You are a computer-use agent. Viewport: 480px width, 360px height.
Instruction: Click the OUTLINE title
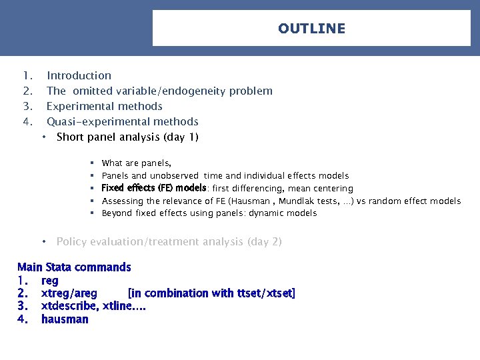click(x=311, y=29)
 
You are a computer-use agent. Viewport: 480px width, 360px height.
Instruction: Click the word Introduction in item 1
click(x=79, y=76)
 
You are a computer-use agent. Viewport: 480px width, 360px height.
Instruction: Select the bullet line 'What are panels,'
click(x=136, y=163)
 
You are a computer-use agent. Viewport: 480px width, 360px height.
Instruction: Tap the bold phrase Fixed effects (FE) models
click(x=153, y=189)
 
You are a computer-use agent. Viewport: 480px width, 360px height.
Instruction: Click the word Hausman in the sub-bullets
click(x=251, y=201)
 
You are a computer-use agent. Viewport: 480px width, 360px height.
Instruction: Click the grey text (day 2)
click(x=264, y=242)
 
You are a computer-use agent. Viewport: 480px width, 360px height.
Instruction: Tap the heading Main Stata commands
click(x=74, y=267)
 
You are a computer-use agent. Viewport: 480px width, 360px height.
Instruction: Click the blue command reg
click(x=50, y=281)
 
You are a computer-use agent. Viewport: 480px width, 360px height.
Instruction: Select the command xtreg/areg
click(x=69, y=293)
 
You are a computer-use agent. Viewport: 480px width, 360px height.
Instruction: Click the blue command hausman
click(x=65, y=319)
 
